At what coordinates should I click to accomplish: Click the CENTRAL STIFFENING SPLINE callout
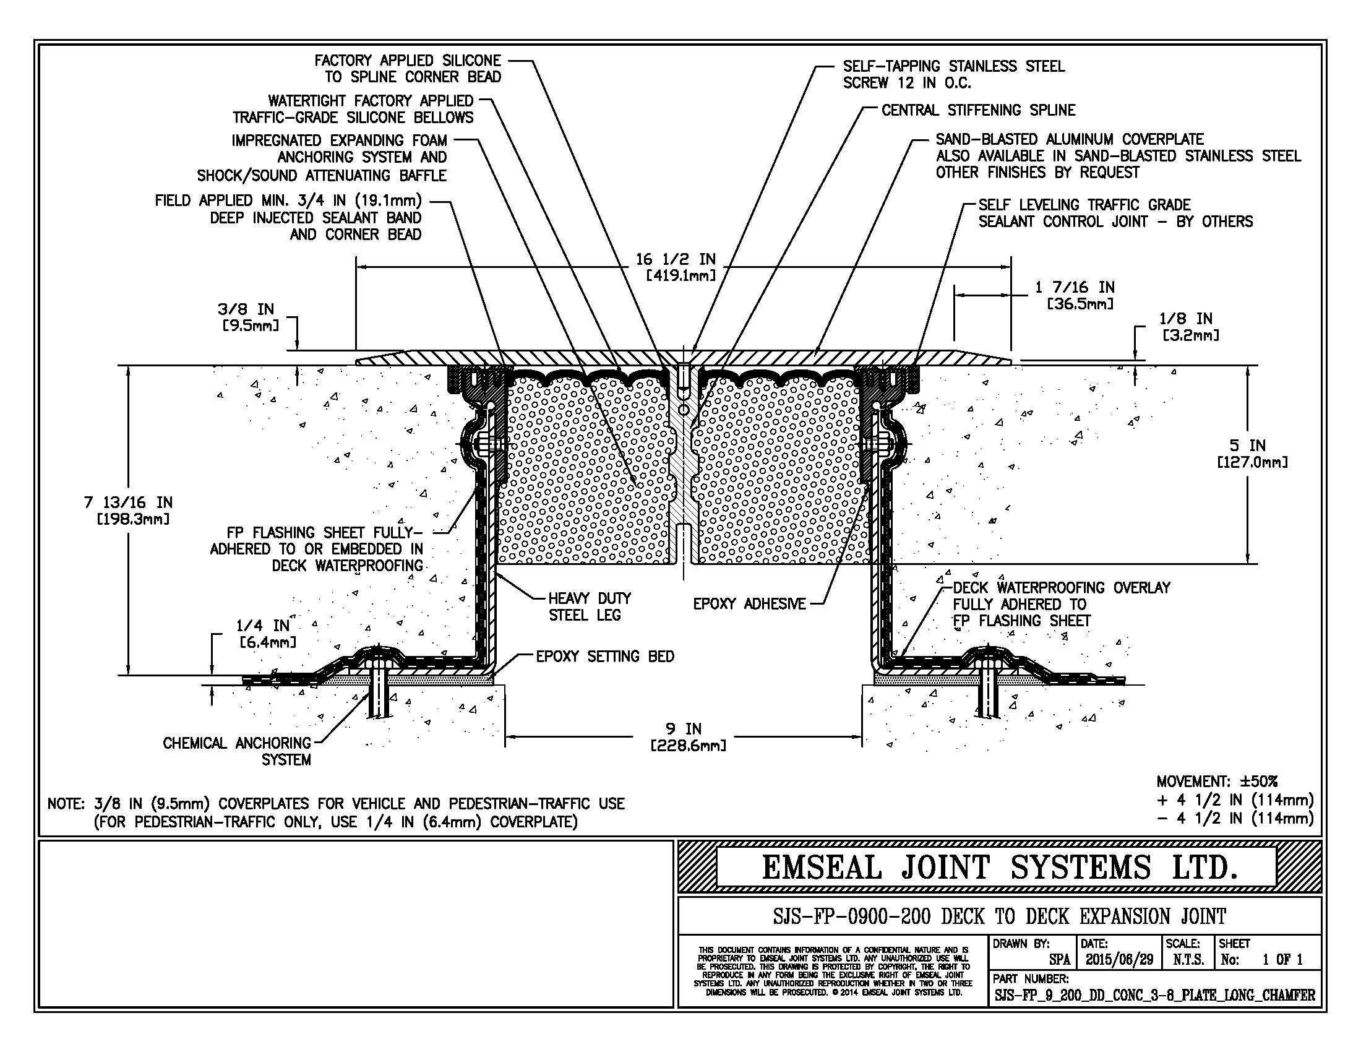[x=977, y=111]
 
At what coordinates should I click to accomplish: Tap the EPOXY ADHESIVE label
[x=749, y=604]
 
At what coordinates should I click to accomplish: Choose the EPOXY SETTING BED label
[x=605, y=657]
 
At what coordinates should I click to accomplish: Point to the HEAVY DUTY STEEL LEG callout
[x=589, y=607]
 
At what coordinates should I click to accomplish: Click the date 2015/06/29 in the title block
[x=1119, y=960]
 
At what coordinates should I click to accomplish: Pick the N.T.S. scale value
[x=1188, y=960]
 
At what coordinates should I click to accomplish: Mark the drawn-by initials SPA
[x=1059, y=960]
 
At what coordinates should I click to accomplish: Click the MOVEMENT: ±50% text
[x=1216, y=782]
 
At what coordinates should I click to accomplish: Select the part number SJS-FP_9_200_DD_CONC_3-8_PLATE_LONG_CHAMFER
[x=1154, y=995]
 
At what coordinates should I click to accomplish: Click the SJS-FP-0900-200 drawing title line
[x=999, y=916]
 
